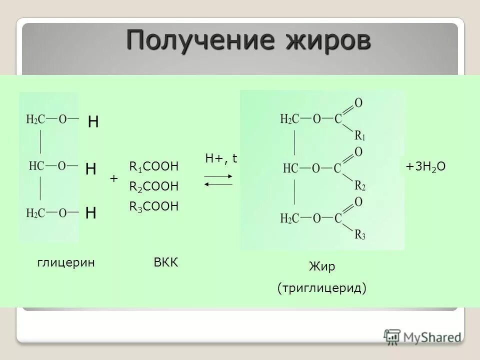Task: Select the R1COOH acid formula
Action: tap(153, 166)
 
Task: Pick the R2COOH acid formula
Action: tap(153, 186)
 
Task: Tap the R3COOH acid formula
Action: tap(153, 206)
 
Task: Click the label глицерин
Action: tap(66, 262)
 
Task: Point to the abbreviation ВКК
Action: tap(166, 262)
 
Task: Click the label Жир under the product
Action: tap(322, 267)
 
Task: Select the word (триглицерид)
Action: tap(322, 288)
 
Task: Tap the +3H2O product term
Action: tap(425, 167)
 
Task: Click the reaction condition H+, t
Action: tap(221, 159)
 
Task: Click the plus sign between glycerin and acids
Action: tap(113, 178)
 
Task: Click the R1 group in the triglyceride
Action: tap(360, 135)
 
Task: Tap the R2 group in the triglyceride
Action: tap(360, 185)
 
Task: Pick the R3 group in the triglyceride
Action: tap(360, 234)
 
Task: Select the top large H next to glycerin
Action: tap(93, 122)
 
